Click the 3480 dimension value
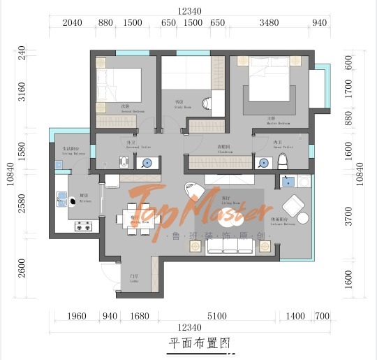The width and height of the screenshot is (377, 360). click(269, 23)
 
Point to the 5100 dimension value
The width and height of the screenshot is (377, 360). click(217, 317)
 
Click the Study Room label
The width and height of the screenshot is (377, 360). click(179, 103)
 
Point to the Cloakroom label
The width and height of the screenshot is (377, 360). click(225, 148)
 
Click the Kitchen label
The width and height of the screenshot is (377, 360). click(84, 198)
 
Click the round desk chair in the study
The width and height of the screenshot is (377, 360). click(207, 104)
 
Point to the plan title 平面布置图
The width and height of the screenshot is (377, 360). click(199, 343)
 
